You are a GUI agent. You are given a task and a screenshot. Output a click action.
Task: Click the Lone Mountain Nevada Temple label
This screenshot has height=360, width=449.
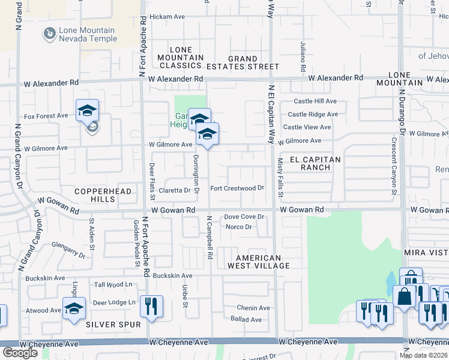[x=88, y=35]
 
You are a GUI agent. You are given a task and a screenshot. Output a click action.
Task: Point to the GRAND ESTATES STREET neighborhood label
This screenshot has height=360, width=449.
[x=244, y=62]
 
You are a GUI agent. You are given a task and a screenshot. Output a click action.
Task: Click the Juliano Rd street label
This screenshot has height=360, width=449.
[x=304, y=58]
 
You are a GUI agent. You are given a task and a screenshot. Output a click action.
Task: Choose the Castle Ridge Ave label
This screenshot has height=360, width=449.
[x=312, y=114]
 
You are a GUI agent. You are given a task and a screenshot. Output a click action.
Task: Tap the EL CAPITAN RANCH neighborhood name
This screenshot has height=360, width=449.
[x=315, y=163]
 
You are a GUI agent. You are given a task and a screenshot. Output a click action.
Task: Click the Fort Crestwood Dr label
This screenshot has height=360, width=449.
[x=237, y=188]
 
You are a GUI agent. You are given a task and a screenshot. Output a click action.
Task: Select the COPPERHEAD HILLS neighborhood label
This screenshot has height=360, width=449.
[x=94, y=194]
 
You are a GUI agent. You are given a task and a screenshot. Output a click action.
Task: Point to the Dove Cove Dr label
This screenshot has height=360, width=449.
[x=244, y=217]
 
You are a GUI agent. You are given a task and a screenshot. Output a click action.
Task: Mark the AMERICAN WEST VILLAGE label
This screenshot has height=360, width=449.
[x=259, y=261]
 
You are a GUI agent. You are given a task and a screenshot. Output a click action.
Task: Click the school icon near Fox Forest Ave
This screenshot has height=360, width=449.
[x=87, y=110]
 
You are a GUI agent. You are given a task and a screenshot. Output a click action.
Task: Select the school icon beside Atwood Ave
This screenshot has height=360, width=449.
[x=74, y=309]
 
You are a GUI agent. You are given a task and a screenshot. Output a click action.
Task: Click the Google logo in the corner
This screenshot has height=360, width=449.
[x=20, y=353]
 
